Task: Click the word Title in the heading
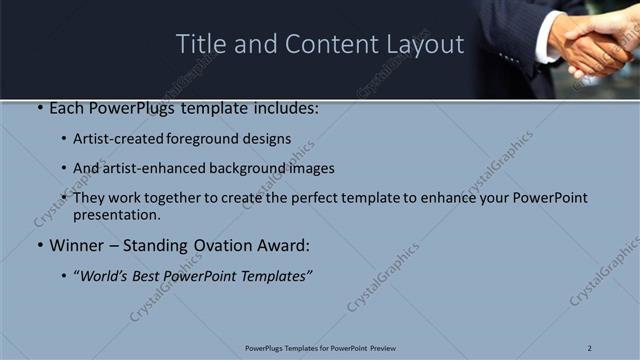(200, 45)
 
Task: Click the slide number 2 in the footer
(590, 347)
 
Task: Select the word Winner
(76, 245)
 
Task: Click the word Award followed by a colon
(282, 245)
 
